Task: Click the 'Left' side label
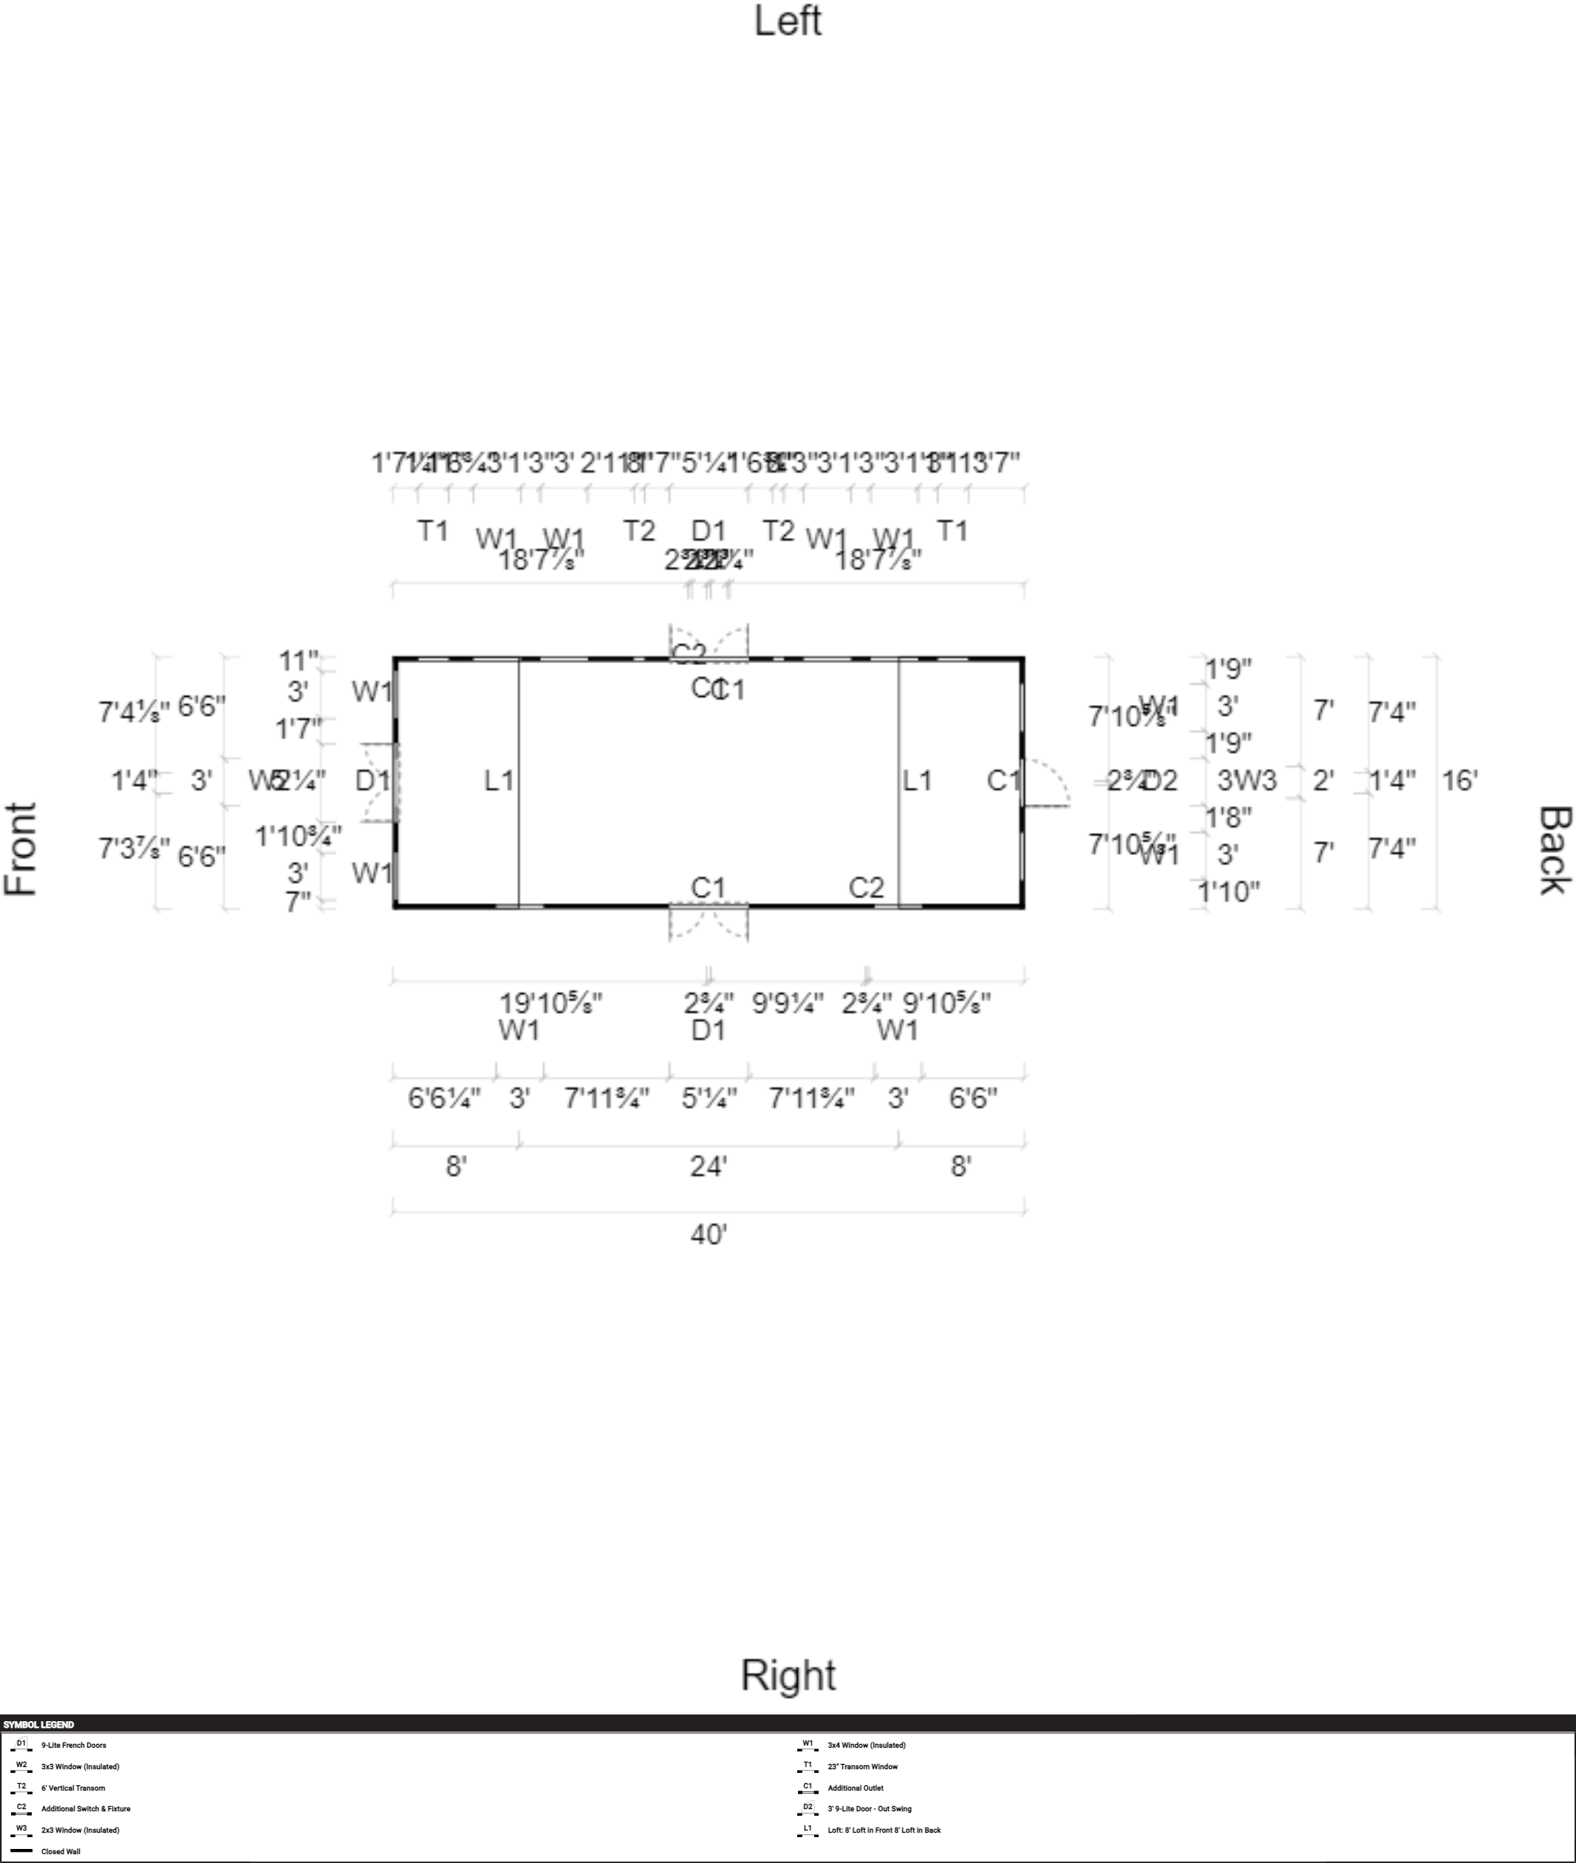click(787, 21)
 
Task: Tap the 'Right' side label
click(788, 1675)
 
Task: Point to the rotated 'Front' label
click(21, 849)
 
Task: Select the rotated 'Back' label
click(1554, 849)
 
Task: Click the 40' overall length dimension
click(709, 1235)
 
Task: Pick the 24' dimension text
click(709, 1166)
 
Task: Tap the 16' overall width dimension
click(1460, 780)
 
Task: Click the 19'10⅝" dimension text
click(550, 1004)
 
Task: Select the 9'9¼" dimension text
click(787, 1004)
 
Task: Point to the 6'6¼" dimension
click(444, 1098)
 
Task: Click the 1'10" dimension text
click(1229, 890)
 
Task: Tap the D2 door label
click(1161, 781)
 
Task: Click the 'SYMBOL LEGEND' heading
click(38, 1725)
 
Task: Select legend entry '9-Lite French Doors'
click(73, 1745)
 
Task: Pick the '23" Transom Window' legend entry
click(862, 1766)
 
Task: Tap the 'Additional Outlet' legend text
click(855, 1788)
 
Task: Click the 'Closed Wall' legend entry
click(60, 1851)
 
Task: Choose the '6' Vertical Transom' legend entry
click(72, 1788)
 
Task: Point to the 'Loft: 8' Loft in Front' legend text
click(884, 1830)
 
